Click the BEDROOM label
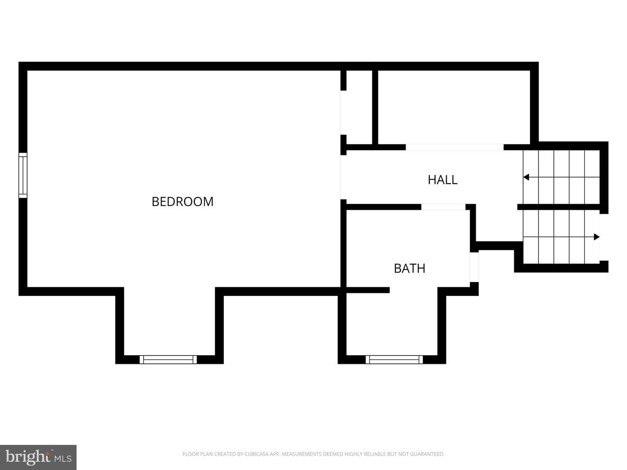pyautogui.click(x=182, y=202)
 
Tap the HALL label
pyautogui.click(x=442, y=180)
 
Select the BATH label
pyautogui.click(x=409, y=269)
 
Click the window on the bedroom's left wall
pyautogui.click(x=23, y=175)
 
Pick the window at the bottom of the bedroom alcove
pyautogui.click(x=168, y=359)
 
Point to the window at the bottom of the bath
pyautogui.click(x=394, y=359)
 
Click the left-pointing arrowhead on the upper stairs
pyautogui.click(x=526, y=177)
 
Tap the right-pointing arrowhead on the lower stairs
pyautogui.click(x=597, y=237)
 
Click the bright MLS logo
pyautogui.click(x=38, y=457)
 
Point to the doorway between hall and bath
pyautogui.click(x=443, y=207)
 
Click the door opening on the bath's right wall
pyautogui.click(x=474, y=267)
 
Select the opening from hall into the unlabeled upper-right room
pyautogui.click(x=455, y=147)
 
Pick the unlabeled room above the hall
pyautogui.click(x=454, y=107)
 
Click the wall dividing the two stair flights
pyautogui.click(x=559, y=207)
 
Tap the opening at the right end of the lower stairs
pyautogui.click(x=604, y=237)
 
